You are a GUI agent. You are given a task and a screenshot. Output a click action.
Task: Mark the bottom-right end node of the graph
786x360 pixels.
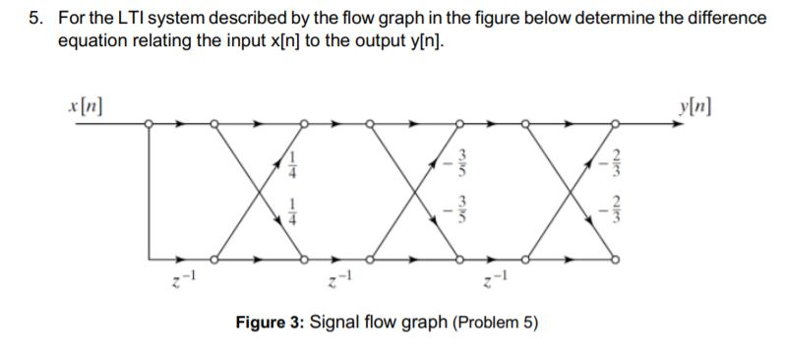(617, 260)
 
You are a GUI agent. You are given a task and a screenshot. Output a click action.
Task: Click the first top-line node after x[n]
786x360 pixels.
(148, 124)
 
